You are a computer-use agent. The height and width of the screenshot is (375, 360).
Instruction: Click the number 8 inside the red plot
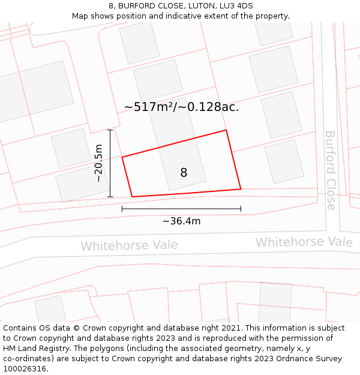[184, 173]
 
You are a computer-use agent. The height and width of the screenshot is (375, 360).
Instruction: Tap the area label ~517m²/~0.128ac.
[181, 107]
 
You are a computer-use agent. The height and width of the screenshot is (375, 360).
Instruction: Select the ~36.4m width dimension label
[181, 221]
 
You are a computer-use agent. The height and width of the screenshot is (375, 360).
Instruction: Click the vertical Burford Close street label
[331, 170]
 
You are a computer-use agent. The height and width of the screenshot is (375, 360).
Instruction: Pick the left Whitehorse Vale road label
[129, 245]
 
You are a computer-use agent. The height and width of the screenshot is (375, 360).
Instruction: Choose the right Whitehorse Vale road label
[304, 242]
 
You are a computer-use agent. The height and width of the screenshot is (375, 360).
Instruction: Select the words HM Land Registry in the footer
[32, 349]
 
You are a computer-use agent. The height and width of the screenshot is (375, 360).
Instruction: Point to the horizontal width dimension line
[181, 209]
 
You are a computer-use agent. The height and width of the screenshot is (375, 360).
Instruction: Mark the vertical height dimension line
[110, 163]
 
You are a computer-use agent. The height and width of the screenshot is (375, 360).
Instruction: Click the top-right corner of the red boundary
[226, 130]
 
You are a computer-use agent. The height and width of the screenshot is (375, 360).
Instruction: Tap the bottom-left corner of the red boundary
[132, 197]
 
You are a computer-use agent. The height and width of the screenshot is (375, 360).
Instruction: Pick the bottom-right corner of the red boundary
[241, 189]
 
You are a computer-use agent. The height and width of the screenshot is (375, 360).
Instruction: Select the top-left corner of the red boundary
[122, 157]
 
